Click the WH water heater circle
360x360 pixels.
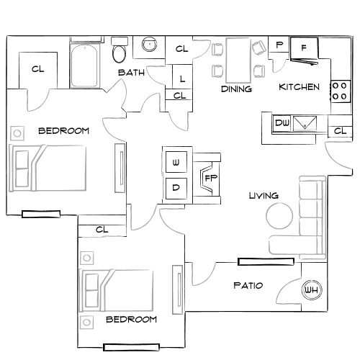click(x=312, y=289)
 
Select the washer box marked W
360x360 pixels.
click(x=176, y=163)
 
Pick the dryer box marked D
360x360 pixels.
click(x=176, y=189)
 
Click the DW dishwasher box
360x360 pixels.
click(x=282, y=123)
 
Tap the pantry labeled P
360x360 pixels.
click(x=279, y=45)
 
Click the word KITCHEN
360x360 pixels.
click(x=299, y=87)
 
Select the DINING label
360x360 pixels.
click(x=237, y=89)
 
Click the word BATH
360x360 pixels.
click(x=131, y=73)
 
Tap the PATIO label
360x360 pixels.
click(x=248, y=286)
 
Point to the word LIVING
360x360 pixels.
click(x=263, y=196)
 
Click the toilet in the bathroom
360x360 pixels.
click(x=120, y=53)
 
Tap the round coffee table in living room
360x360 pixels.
click(x=279, y=215)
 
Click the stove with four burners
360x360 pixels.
click(x=339, y=90)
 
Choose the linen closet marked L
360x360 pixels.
click(x=181, y=78)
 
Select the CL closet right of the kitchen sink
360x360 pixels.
click(x=339, y=131)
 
